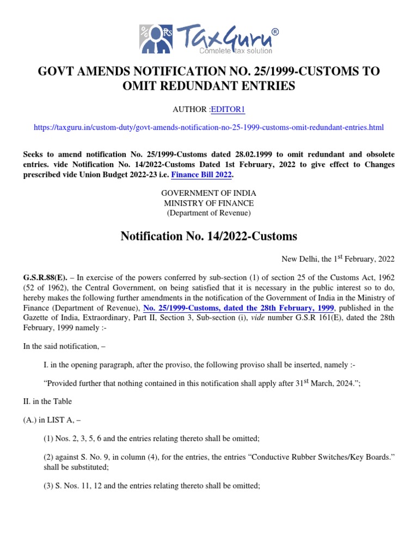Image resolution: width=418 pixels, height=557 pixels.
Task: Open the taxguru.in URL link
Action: tap(208, 127)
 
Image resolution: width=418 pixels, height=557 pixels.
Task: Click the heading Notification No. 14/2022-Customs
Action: tap(208, 237)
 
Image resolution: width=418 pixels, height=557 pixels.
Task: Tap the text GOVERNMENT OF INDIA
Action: tap(209, 193)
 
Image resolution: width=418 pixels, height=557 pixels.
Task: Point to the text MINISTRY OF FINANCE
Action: tap(209, 203)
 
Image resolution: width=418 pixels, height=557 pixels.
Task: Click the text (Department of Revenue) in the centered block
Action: tap(209, 213)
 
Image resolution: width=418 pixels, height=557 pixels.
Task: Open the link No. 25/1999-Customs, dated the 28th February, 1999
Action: tap(238, 308)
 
